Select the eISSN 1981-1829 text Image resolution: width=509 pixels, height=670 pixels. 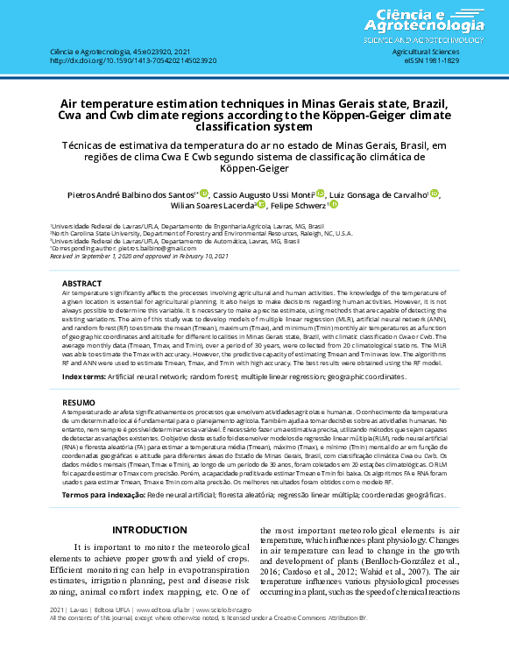pos(425,60)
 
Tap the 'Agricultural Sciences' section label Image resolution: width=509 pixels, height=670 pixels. pos(425,53)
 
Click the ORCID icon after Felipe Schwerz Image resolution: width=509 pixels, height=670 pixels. pos(334,205)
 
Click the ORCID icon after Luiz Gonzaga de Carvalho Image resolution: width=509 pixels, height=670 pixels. pos(435,194)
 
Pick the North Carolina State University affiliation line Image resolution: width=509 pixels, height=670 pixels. pos(201,234)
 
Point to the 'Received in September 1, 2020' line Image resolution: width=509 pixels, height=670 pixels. pos(140,255)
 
